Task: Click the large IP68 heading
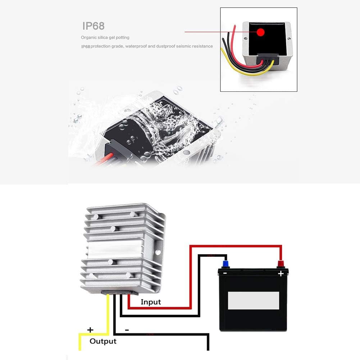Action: point(93,26)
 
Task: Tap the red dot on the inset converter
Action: point(260,33)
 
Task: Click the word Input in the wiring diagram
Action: point(151,302)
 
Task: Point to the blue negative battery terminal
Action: point(225,264)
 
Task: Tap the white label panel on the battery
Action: point(254,300)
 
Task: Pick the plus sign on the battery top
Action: point(281,274)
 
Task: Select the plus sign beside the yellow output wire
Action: point(90,329)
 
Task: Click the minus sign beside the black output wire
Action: point(127,329)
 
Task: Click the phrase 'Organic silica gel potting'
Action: point(105,37)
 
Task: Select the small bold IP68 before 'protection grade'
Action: point(85,46)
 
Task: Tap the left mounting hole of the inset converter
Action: point(246,37)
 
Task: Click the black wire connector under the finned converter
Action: point(119,292)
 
